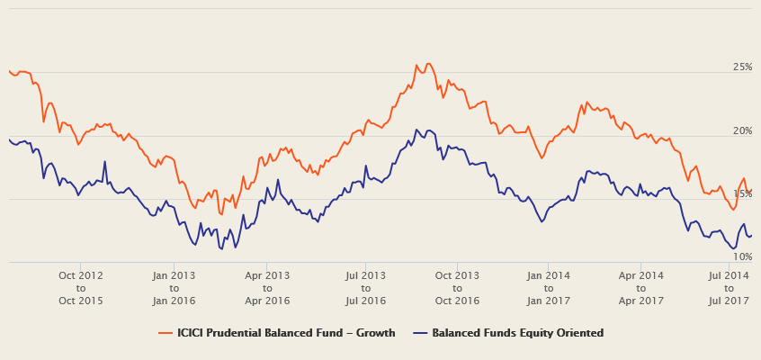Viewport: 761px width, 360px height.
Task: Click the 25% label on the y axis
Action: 742,67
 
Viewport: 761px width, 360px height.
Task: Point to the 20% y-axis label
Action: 742,131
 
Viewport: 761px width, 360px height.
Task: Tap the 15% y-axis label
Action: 742,194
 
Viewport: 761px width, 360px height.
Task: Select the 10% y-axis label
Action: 742,257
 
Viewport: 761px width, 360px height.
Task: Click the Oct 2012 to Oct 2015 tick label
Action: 81,287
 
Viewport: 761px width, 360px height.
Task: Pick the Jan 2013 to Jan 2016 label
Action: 175,287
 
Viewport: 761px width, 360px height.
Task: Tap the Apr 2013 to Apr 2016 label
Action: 268,287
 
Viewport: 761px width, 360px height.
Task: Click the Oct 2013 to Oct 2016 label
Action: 457,287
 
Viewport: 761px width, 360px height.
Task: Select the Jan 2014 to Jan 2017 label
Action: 548,287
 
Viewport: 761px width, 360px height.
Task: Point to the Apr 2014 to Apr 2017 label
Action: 641,287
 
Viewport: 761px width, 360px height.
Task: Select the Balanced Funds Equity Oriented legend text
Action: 517,333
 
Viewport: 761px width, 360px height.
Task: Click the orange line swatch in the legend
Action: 166,333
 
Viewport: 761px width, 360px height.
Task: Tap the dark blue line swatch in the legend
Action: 419,333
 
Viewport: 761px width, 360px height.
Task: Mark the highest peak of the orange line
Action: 428,63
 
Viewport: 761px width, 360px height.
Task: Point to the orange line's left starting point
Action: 9,70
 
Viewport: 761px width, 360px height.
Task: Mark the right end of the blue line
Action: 751,236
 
